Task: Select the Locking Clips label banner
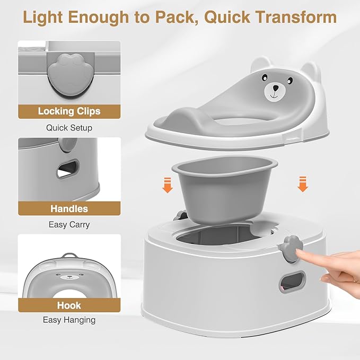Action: (69, 111)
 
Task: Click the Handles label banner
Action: (69, 208)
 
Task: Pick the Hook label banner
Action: (69, 305)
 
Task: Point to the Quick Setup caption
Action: (69, 128)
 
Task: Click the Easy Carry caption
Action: (69, 225)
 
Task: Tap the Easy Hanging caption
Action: (69, 320)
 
